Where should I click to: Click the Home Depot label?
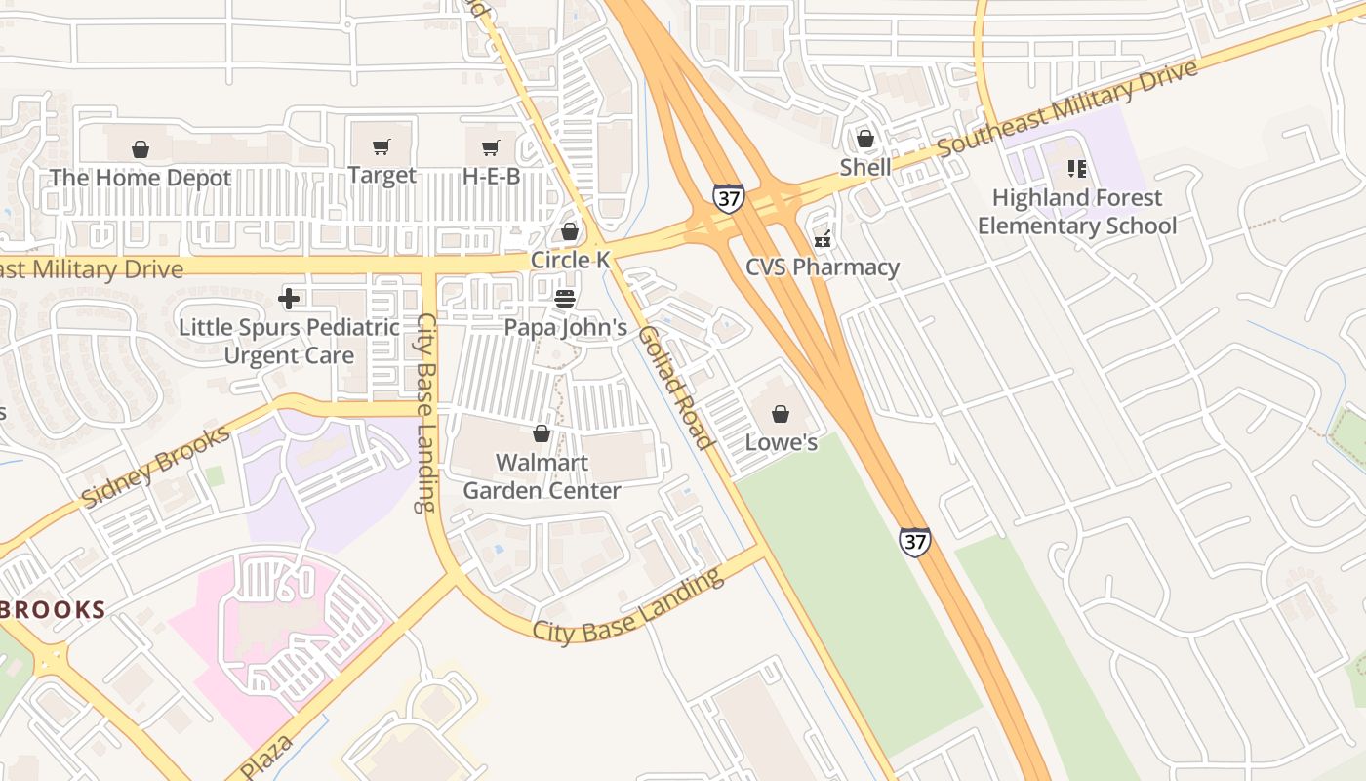pyautogui.click(x=141, y=178)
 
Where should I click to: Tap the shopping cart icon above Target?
pyautogui.click(x=382, y=147)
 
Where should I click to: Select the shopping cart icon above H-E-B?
pyautogui.click(x=491, y=148)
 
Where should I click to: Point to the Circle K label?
pyautogui.click(x=571, y=260)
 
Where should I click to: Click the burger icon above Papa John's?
pyautogui.click(x=565, y=298)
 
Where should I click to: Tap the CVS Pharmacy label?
pyautogui.click(x=822, y=267)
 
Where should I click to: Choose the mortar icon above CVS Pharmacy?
pyautogui.click(x=823, y=238)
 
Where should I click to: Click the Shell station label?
pyautogui.click(x=865, y=167)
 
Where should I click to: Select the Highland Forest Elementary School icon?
pyautogui.click(x=1077, y=169)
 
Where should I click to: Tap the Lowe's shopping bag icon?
pyautogui.click(x=781, y=414)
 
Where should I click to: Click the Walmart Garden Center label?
pyautogui.click(x=542, y=476)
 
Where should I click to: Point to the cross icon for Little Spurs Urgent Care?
pyautogui.click(x=289, y=298)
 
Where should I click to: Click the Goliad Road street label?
pyautogui.click(x=676, y=388)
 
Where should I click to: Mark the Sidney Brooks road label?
pyautogui.click(x=156, y=467)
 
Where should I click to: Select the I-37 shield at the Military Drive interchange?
pyautogui.click(x=728, y=198)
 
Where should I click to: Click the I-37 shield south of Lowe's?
pyautogui.click(x=914, y=542)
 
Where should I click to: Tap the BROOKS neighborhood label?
pyautogui.click(x=53, y=611)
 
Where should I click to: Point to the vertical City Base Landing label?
pyautogui.click(x=425, y=413)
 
